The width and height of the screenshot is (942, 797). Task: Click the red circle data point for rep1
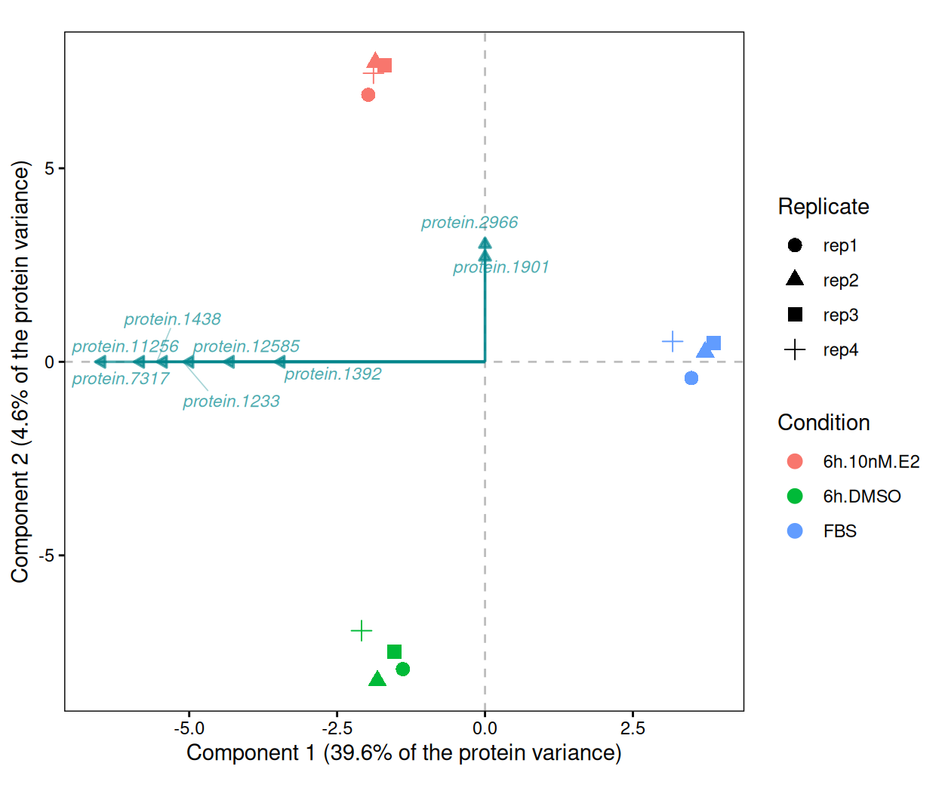(x=368, y=95)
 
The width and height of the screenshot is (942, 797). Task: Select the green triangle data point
(x=377, y=679)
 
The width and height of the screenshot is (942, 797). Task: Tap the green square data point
(x=394, y=651)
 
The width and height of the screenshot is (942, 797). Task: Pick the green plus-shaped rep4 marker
(x=362, y=631)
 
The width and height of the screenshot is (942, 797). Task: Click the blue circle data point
(x=691, y=378)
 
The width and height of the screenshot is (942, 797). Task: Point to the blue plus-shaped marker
(x=673, y=341)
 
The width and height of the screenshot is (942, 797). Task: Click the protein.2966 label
(x=469, y=223)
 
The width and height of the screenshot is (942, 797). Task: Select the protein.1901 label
(x=501, y=267)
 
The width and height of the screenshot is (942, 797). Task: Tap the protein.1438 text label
(x=172, y=319)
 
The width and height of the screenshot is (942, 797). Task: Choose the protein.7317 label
(x=120, y=379)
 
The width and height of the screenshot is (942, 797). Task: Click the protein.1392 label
(x=333, y=374)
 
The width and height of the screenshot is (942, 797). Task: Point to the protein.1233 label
(x=231, y=402)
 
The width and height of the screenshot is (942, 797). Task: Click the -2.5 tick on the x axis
(x=337, y=728)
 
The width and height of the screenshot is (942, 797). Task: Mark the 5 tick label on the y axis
(x=49, y=168)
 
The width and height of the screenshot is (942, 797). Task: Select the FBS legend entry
(x=840, y=531)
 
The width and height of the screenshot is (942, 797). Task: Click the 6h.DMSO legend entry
(x=862, y=497)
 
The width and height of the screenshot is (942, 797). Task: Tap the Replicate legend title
(x=823, y=207)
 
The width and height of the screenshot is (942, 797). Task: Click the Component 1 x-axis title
(x=404, y=752)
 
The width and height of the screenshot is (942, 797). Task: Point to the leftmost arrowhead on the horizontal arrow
(x=100, y=362)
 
